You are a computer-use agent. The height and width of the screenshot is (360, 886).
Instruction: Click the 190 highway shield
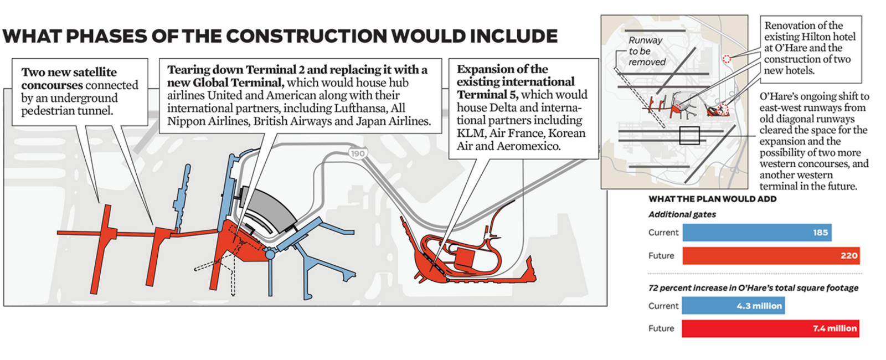(358, 153)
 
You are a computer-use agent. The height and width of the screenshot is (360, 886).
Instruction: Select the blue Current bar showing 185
(756, 233)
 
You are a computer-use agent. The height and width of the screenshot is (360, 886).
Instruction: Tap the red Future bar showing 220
(771, 255)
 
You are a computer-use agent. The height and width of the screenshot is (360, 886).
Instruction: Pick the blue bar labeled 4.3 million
(733, 306)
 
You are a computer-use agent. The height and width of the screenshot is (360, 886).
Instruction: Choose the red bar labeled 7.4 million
(770, 328)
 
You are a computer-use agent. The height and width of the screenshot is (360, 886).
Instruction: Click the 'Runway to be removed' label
(646, 51)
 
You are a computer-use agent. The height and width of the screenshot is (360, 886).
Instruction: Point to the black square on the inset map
(689, 136)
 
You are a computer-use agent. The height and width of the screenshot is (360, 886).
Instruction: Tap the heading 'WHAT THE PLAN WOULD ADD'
(712, 199)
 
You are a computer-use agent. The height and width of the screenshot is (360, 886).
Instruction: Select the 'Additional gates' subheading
(682, 214)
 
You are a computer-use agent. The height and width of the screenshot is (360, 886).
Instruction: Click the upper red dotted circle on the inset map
(727, 59)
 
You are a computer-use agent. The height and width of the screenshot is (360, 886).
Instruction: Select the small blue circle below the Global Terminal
(270, 254)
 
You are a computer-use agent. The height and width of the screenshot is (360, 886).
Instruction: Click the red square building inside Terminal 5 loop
(464, 260)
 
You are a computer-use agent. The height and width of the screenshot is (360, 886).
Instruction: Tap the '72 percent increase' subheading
(753, 288)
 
